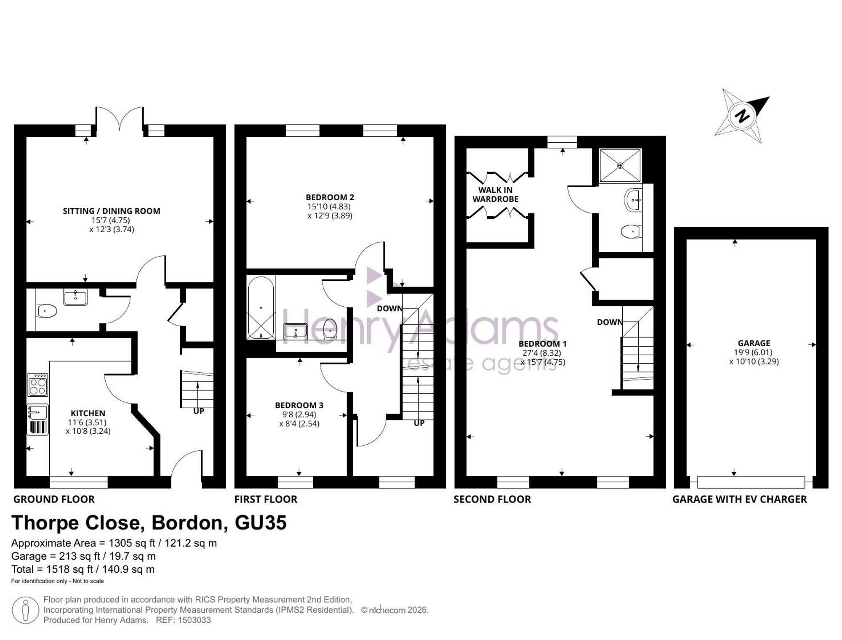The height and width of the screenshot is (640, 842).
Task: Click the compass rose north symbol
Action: (742, 116)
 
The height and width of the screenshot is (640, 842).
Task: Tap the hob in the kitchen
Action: (38, 385)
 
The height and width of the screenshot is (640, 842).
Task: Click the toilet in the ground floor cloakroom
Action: (47, 311)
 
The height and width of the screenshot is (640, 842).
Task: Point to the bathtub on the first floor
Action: (261, 308)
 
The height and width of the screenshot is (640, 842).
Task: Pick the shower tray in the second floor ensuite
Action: (620, 166)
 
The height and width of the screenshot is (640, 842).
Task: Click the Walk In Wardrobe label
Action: (496, 194)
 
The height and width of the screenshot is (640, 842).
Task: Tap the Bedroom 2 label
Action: (330, 197)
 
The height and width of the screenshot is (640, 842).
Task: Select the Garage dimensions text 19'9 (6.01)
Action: (754, 352)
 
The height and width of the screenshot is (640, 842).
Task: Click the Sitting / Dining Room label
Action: (112, 211)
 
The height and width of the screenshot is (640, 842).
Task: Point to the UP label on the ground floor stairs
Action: (199, 411)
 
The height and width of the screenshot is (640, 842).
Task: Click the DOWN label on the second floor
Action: (610, 322)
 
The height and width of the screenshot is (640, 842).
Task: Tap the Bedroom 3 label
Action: (299, 405)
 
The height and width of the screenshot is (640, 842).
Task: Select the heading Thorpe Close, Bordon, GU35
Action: (149, 523)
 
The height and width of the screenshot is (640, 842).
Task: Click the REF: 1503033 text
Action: (183, 620)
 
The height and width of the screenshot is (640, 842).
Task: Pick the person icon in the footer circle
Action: (26, 610)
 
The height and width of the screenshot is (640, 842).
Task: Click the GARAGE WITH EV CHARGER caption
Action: (740, 499)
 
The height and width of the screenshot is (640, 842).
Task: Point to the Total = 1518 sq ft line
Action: (83, 569)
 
